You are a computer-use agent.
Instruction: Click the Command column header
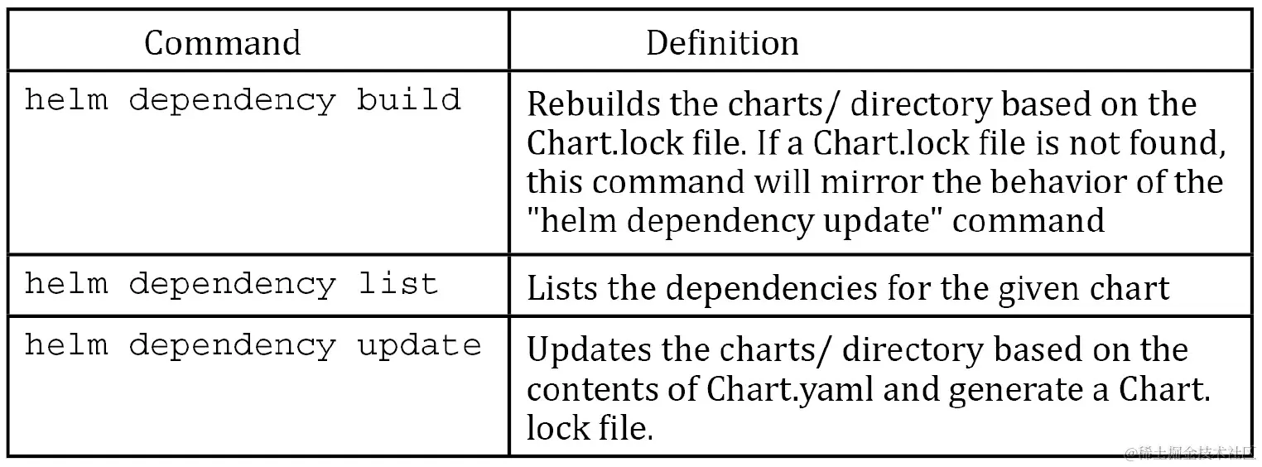coord(222,43)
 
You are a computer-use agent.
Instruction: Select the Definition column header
coord(722,43)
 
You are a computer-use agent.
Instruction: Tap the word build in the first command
coord(408,100)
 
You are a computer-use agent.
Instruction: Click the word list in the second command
coord(397,284)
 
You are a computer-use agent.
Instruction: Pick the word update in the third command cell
coord(419,345)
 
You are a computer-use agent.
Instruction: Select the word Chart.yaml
coord(790,389)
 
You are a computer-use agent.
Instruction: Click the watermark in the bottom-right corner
coord(1189,452)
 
